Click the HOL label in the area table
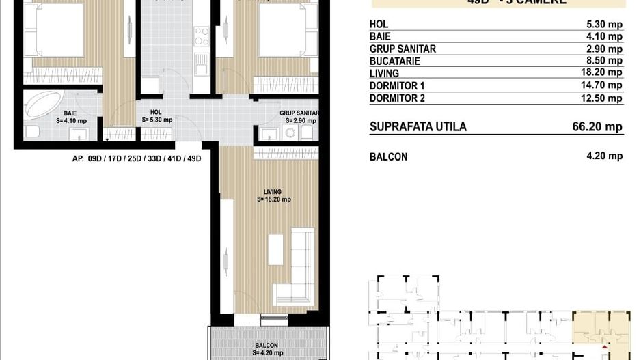[379, 25]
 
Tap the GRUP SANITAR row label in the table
[403, 49]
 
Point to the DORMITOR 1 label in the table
[397, 85]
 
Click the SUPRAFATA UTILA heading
[418, 127]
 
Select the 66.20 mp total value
[597, 127]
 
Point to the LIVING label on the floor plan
[273, 192]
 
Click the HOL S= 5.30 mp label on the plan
[156, 115]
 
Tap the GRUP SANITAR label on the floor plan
[299, 113]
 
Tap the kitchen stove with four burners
[201, 36]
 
